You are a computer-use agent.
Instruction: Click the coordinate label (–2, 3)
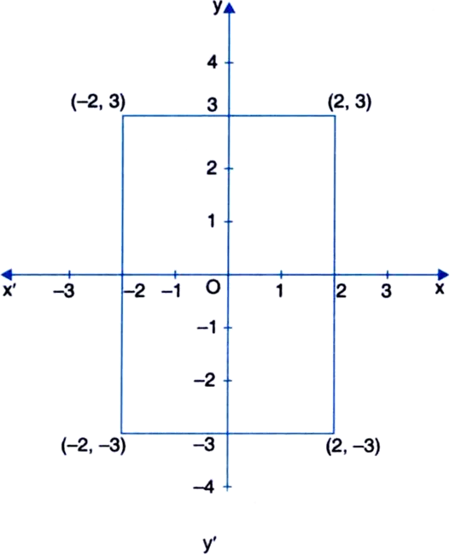coord(98,102)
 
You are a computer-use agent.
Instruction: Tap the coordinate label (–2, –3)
coord(93,446)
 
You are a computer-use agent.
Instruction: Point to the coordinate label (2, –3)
coord(353,446)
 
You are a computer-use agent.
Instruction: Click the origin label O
coord(213,288)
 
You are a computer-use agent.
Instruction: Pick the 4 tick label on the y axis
coord(212,62)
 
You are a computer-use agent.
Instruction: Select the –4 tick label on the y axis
coord(204,488)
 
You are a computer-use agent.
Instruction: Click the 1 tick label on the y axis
coord(212,222)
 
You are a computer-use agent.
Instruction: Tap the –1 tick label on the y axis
coord(207,328)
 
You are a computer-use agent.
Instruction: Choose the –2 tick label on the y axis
coord(204,381)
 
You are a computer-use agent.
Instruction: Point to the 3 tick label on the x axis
coord(386,291)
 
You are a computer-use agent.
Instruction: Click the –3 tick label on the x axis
coord(64,291)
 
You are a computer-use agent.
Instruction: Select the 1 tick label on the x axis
coord(280,291)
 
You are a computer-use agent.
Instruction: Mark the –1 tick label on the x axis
coord(171,291)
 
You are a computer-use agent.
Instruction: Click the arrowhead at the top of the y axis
coord(230,8)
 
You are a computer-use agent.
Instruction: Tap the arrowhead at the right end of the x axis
coord(443,274)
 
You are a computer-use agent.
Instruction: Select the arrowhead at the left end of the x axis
coord(7,274)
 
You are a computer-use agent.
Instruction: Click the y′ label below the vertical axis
coord(210,544)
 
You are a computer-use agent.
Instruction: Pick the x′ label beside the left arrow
coord(9,290)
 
